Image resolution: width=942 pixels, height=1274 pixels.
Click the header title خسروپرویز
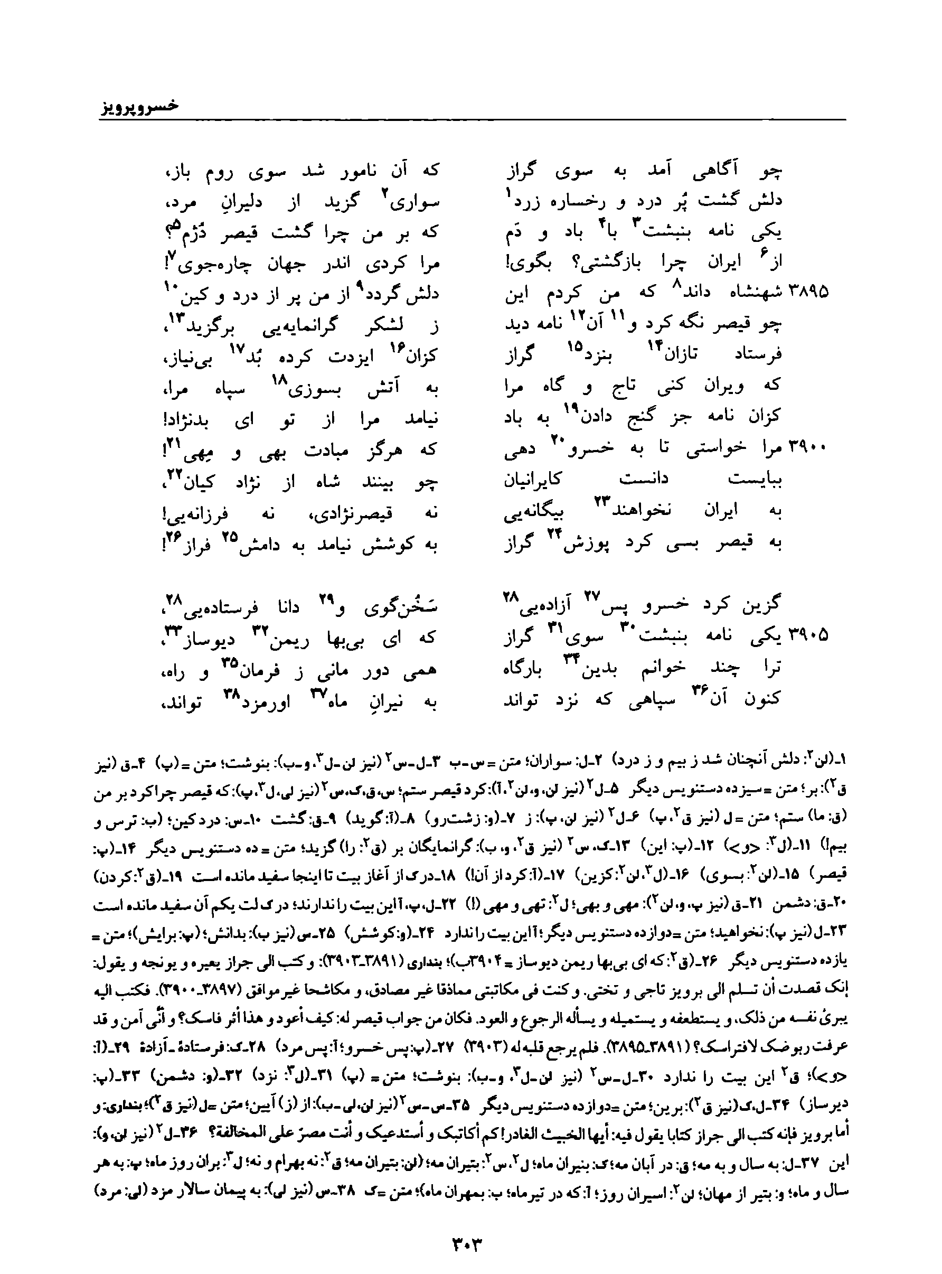click(x=136, y=107)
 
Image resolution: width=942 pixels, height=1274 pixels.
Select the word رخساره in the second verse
click(x=577, y=201)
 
